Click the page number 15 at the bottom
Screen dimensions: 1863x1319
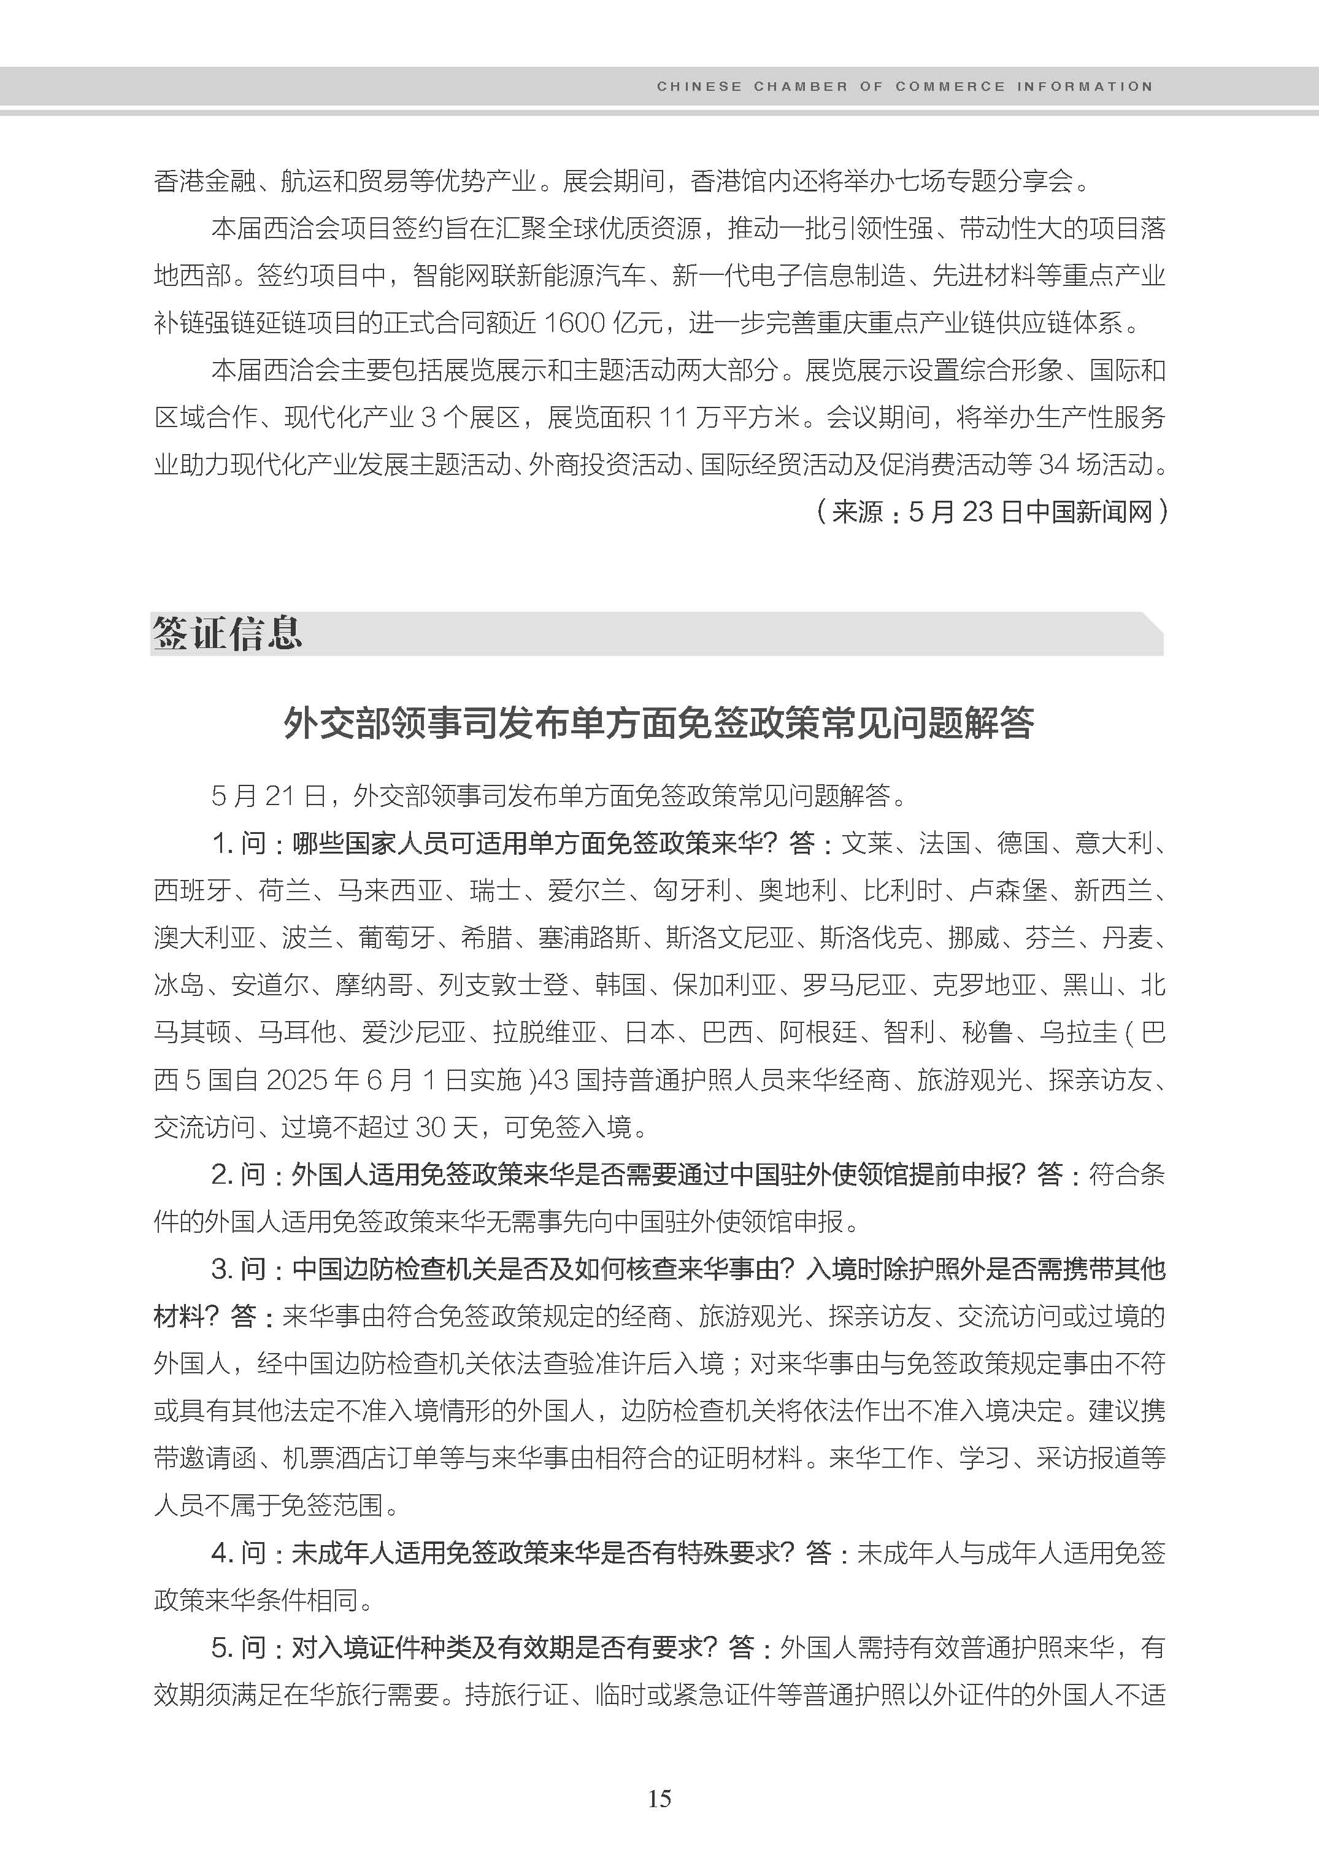click(659, 1799)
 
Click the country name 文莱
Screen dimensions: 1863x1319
click(867, 843)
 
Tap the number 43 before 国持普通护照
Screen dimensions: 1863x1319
click(553, 1080)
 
